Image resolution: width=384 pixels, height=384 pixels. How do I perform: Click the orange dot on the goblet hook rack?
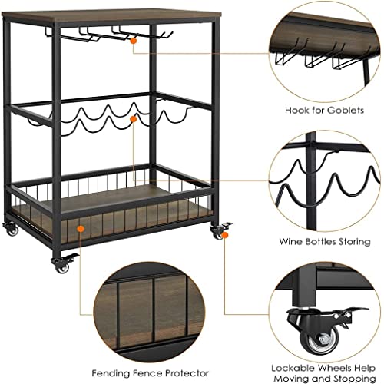point(133,41)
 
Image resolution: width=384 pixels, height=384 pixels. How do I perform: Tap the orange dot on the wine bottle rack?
point(134,119)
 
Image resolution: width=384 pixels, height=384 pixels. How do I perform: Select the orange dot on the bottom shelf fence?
point(81,229)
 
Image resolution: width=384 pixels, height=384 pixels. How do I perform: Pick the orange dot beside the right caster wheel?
point(225,235)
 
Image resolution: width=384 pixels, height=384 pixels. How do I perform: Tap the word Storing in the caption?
point(355,242)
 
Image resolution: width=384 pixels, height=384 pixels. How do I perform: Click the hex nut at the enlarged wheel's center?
point(322,340)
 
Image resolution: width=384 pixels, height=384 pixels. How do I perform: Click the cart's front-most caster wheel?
point(61,266)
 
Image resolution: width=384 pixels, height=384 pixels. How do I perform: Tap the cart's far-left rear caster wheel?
point(11,230)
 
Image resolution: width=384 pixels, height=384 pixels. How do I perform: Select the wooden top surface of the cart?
point(112,17)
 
